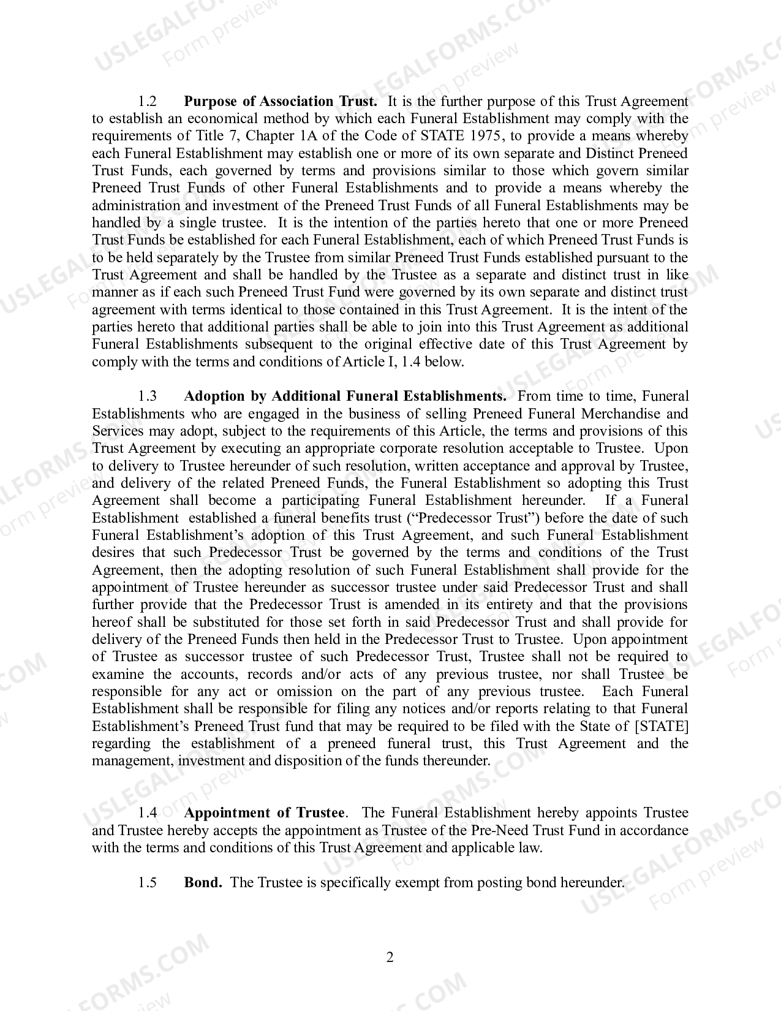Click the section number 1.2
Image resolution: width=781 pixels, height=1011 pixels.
(x=148, y=101)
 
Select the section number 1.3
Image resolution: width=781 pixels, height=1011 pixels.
(x=148, y=396)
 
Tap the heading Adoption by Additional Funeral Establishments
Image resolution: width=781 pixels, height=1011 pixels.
(x=345, y=396)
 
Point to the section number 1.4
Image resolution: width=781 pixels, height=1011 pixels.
(x=148, y=813)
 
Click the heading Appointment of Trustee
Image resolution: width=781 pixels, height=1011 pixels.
(x=265, y=813)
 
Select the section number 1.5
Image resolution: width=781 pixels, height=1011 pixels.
(x=148, y=882)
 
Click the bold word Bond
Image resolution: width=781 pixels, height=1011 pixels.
(x=203, y=882)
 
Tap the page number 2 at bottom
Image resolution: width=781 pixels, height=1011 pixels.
(x=390, y=957)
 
